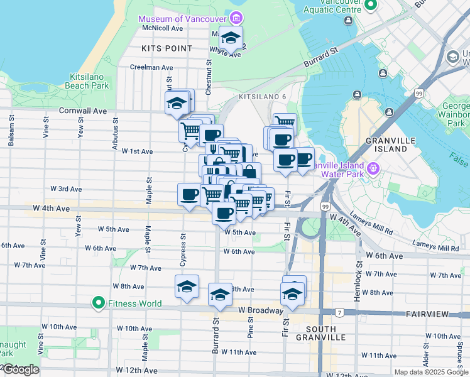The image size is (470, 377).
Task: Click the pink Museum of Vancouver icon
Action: pos(236,16)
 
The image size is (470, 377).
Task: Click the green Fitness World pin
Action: pos(98,303)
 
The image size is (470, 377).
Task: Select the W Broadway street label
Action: pos(260,310)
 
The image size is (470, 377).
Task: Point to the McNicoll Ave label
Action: pos(162,28)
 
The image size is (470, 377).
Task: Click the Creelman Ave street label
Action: pos(151,67)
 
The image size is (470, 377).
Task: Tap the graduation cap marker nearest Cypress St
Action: pos(187,286)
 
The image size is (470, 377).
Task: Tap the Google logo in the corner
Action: pos(20,370)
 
